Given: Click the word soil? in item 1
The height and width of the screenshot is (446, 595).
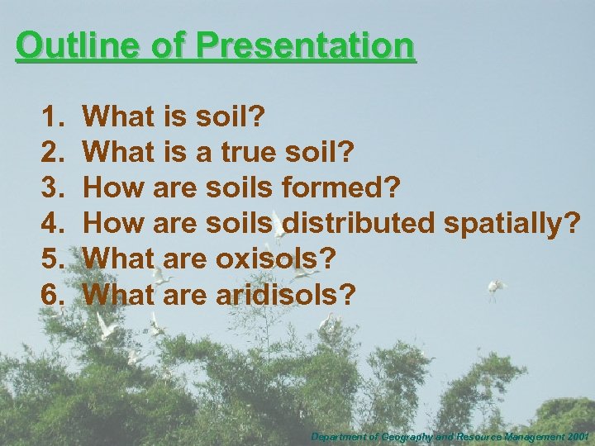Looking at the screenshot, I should click(230, 116).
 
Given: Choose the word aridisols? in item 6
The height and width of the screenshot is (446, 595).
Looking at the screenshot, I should click(286, 294).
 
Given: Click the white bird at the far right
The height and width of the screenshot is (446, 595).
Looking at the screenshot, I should click(497, 287).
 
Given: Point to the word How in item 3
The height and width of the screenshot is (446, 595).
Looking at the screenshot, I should click(111, 187).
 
